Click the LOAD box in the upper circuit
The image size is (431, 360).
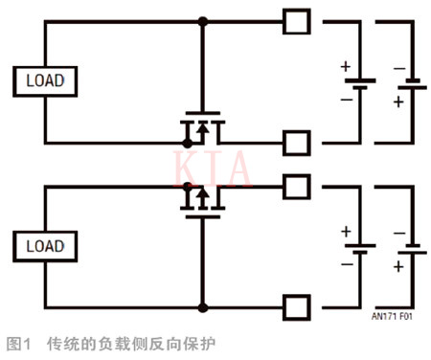point(44,80)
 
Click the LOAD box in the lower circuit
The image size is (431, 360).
point(44,246)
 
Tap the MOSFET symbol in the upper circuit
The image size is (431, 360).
point(202,130)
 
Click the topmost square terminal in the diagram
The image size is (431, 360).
point(297,19)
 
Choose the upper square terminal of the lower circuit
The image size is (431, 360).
point(297,184)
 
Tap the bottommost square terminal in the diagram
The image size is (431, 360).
point(297,308)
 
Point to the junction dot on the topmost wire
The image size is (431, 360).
point(202,20)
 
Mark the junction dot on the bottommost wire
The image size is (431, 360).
point(202,308)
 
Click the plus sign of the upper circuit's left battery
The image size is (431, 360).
point(345,66)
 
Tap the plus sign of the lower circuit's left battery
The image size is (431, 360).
point(345,232)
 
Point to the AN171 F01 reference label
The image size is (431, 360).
point(392,313)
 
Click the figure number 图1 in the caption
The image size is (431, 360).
point(19,342)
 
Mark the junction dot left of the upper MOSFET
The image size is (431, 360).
point(186,145)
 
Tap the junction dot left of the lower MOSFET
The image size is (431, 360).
point(186,185)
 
